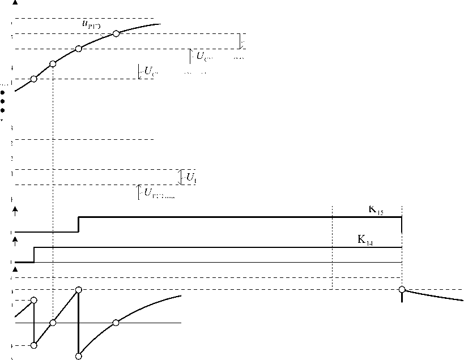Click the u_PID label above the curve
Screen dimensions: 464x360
click(91, 24)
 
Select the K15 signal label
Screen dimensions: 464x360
click(376, 211)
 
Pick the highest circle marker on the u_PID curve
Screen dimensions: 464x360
click(116, 34)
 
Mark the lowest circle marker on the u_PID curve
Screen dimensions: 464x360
click(33, 79)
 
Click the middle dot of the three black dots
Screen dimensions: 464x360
click(3, 101)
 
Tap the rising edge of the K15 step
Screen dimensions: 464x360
click(78, 224)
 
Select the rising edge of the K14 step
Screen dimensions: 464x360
click(34, 255)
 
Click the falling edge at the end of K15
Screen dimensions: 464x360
click(402, 224)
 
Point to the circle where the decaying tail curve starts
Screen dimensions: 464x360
click(402, 289)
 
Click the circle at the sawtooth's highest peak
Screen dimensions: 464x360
click(78, 290)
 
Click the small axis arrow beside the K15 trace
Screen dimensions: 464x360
click(15, 210)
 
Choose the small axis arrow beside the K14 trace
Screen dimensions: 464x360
click(15, 240)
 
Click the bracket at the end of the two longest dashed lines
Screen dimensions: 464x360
click(242, 41)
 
